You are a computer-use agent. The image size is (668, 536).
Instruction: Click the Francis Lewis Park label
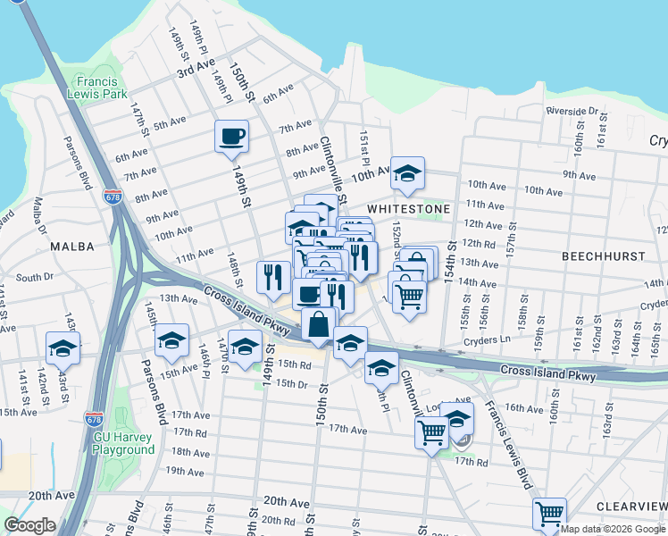pyautogui.click(x=100, y=85)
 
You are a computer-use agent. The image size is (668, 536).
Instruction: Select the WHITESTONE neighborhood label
pyautogui.click(x=408, y=207)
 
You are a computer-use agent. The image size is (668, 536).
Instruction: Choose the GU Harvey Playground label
pyautogui.click(x=124, y=444)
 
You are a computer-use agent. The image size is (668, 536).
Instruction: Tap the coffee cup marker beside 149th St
pyautogui.click(x=232, y=137)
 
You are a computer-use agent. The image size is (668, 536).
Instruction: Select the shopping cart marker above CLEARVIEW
pyautogui.click(x=549, y=513)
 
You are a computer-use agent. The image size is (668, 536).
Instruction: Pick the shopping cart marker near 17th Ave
pyautogui.click(x=432, y=433)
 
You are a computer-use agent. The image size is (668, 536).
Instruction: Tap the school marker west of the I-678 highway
pyautogui.click(x=63, y=348)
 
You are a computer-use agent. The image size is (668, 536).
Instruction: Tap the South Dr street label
pyautogui.click(x=35, y=278)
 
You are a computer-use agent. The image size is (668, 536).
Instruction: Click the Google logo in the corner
pyautogui.click(x=29, y=525)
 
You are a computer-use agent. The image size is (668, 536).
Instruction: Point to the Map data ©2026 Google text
pyautogui.click(x=613, y=529)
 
